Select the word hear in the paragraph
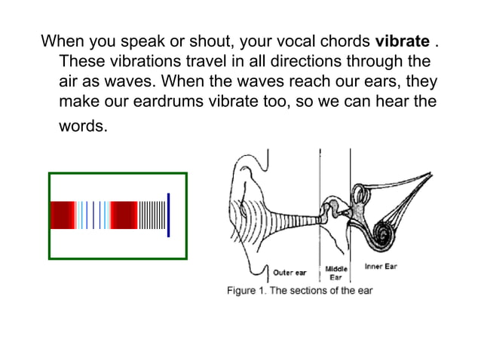(377, 101)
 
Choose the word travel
(215, 60)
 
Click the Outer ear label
(290, 272)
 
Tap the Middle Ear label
(335, 273)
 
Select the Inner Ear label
(381, 267)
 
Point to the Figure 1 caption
(300, 290)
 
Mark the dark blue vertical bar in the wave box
(169, 215)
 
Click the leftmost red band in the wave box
(62, 215)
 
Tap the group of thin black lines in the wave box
(152, 215)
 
